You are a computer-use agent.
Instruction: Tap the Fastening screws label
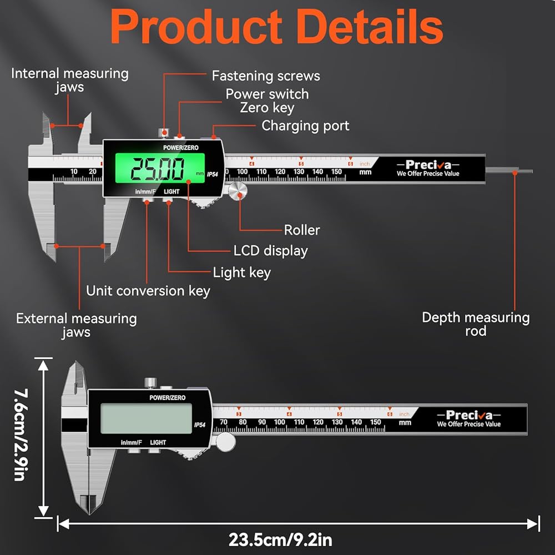pyautogui.click(x=266, y=76)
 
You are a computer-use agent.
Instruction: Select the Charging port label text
pyautogui.click(x=305, y=126)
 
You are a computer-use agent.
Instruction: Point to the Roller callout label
pyautogui.click(x=302, y=230)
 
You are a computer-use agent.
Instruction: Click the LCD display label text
pyautogui.click(x=270, y=251)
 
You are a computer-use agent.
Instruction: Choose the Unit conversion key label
pyautogui.click(x=148, y=291)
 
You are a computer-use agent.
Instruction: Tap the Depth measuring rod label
pyautogui.click(x=476, y=324)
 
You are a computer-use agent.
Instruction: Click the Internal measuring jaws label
pyautogui.click(x=69, y=80)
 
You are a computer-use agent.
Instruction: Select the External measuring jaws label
pyautogui.click(x=76, y=325)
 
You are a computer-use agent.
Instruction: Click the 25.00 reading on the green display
pyautogui.click(x=157, y=169)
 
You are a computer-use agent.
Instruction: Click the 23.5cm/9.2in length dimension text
pyautogui.click(x=280, y=539)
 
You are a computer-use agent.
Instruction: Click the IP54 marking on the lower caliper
pyautogui.click(x=200, y=425)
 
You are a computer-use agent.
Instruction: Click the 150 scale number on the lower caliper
pyautogui.click(x=375, y=422)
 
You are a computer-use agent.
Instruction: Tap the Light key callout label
pyautogui.click(x=241, y=273)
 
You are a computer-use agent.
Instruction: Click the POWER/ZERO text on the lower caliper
pyautogui.click(x=167, y=397)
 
